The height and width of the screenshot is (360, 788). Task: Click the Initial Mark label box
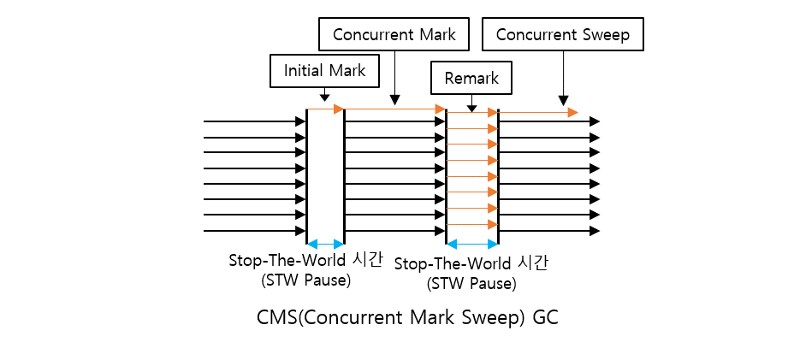[324, 70]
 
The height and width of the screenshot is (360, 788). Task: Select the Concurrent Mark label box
[394, 35]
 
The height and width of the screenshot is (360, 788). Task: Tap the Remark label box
[471, 78]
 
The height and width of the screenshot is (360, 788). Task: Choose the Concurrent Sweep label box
[562, 35]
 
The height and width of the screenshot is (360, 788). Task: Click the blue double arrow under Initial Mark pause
[325, 244]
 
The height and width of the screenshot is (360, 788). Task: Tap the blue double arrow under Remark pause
[471, 245]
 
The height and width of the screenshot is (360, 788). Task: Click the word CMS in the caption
[277, 316]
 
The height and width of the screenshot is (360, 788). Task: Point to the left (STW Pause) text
[305, 280]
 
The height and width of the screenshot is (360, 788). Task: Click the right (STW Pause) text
[471, 283]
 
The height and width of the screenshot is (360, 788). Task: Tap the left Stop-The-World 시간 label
[305, 260]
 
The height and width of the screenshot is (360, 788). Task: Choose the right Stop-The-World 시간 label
[471, 263]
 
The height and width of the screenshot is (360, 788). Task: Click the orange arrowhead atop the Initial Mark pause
[339, 109]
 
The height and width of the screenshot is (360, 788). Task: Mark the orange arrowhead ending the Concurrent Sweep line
[573, 113]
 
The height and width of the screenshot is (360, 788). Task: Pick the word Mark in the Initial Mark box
[347, 70]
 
